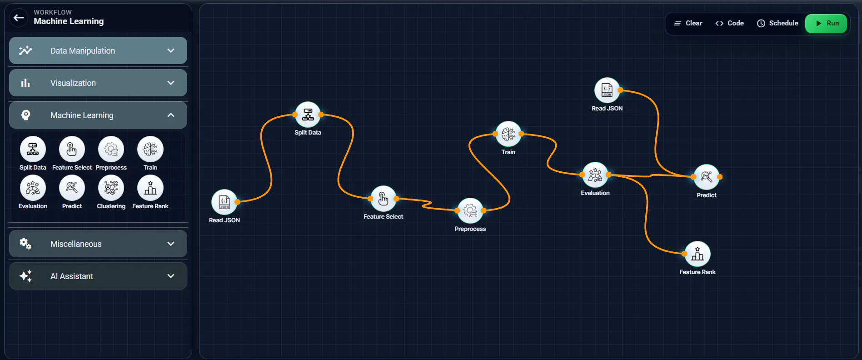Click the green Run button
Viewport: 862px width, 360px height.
tap(826, 23)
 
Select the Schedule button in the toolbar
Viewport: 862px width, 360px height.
tap(777, 23)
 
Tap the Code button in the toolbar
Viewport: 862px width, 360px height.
tap(729, 23)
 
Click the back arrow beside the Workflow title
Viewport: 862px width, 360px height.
tap(19, 18)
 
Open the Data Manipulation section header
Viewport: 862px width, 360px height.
tap(98, 50)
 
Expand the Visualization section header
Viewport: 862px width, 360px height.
tap(98, 83)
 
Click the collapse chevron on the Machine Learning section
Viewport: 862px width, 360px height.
tap(171, 115)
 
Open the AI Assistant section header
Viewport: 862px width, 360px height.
tap(98, 276)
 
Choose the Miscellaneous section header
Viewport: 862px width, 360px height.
tap(98, 244)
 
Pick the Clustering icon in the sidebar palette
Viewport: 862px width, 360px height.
tap(111, 188)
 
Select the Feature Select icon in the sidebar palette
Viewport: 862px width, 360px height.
tap(72, 149)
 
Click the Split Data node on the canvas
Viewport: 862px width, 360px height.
tap(308, 115)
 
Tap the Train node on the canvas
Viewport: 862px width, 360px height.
tap(508, 134)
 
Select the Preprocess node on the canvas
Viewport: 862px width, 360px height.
tap(470, 210)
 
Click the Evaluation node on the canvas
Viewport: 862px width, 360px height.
tap(595, 175)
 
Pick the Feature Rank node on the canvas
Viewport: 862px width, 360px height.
tap(698, 254)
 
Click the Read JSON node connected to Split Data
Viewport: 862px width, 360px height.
tap(224, 202)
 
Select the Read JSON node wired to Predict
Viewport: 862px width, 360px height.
tap(607, 90)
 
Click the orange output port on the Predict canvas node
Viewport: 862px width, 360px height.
tap(720, 177)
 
